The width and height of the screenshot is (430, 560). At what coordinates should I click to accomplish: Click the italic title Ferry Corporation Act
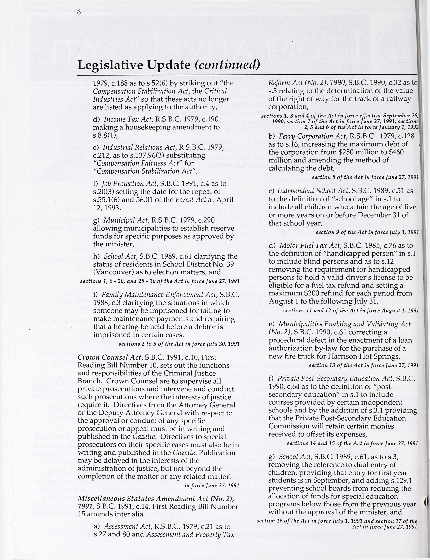coord(307,136)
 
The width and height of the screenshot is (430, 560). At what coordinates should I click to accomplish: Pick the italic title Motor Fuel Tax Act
coord(309,246)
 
